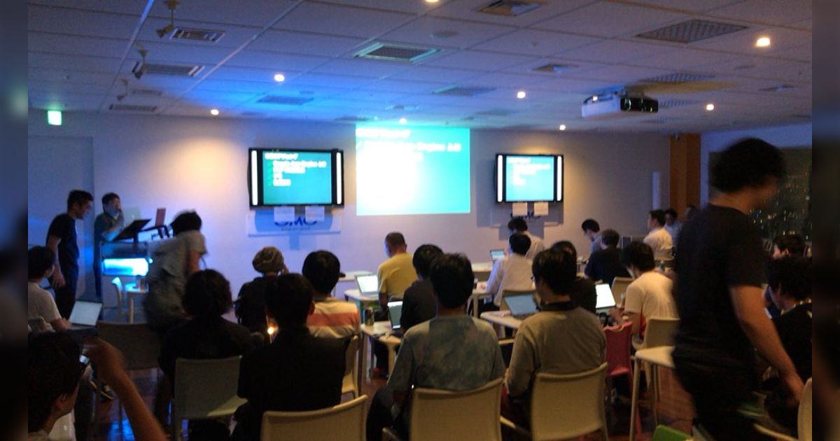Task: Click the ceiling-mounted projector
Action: point(619,104)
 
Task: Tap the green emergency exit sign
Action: point(54,117)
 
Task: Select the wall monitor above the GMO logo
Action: point(295,177)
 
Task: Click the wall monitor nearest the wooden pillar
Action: point(529,178)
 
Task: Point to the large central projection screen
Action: point(412,169)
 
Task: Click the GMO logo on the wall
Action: point(295,222)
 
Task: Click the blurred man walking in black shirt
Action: point(731,280)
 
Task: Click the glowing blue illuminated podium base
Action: point(126,267)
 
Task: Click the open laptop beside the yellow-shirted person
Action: point(367,283)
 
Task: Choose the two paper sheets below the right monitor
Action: point(529,209)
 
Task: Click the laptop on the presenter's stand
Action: point(160,217)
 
